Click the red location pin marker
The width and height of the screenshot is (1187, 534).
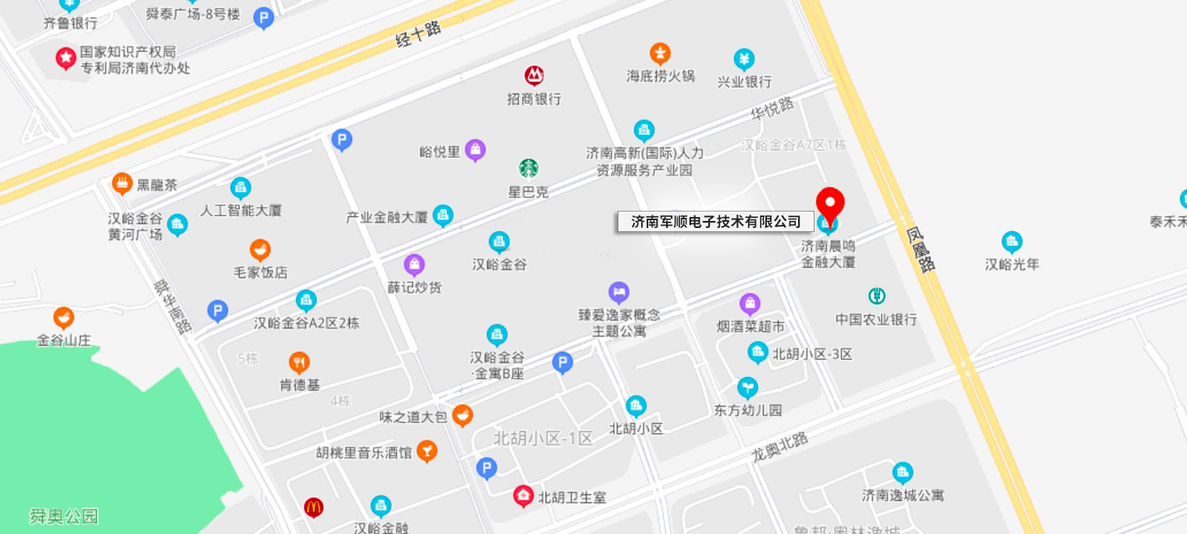[830, 203]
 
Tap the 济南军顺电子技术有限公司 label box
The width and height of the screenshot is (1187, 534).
[715, 222]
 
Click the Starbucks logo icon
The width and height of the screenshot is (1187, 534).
[529, 168]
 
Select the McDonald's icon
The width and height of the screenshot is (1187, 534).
[314, 507]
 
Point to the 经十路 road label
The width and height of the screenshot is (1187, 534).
[419, 34]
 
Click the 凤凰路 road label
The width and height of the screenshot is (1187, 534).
[921, 249]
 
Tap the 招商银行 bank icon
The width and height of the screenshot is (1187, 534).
[534, 76]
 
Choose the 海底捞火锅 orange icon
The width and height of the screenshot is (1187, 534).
[661, 54]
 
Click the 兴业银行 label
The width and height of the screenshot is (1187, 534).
[744, 81]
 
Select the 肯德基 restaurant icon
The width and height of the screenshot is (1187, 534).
[299, 362]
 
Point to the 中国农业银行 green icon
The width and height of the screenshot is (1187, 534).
[876, 297]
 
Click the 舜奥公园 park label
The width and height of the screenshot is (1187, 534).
[64, 516]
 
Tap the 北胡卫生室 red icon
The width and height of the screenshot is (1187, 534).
[523, 496]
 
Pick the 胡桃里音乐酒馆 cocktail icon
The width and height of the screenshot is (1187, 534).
[426, 450]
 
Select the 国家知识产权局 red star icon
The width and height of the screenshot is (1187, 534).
[66, 59]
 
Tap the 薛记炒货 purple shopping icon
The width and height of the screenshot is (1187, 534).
[414, 265]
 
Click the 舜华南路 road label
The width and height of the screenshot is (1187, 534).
[173, 307]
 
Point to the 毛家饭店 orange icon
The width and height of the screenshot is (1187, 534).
[260, 250]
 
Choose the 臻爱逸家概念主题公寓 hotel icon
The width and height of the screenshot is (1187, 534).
[618, 293]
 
